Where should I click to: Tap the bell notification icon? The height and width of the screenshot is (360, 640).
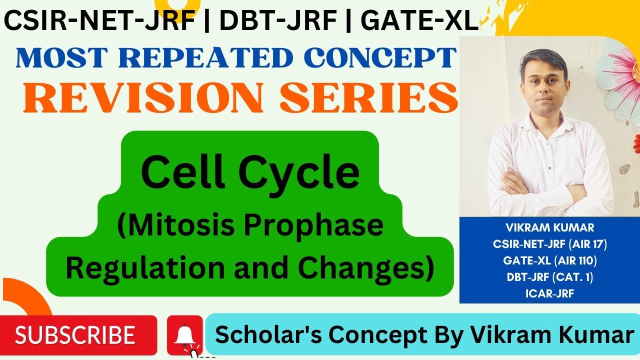tap(185, 334)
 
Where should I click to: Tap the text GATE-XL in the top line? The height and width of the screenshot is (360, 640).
tap(419, 21)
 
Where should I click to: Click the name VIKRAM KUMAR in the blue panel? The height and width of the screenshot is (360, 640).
tap(549, 228)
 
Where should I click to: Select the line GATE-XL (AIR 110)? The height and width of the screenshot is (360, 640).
tap(549, 260)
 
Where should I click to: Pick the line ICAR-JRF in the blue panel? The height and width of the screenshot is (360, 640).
tap(549, 293)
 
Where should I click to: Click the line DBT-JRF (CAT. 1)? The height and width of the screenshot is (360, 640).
tap(549, 277)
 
